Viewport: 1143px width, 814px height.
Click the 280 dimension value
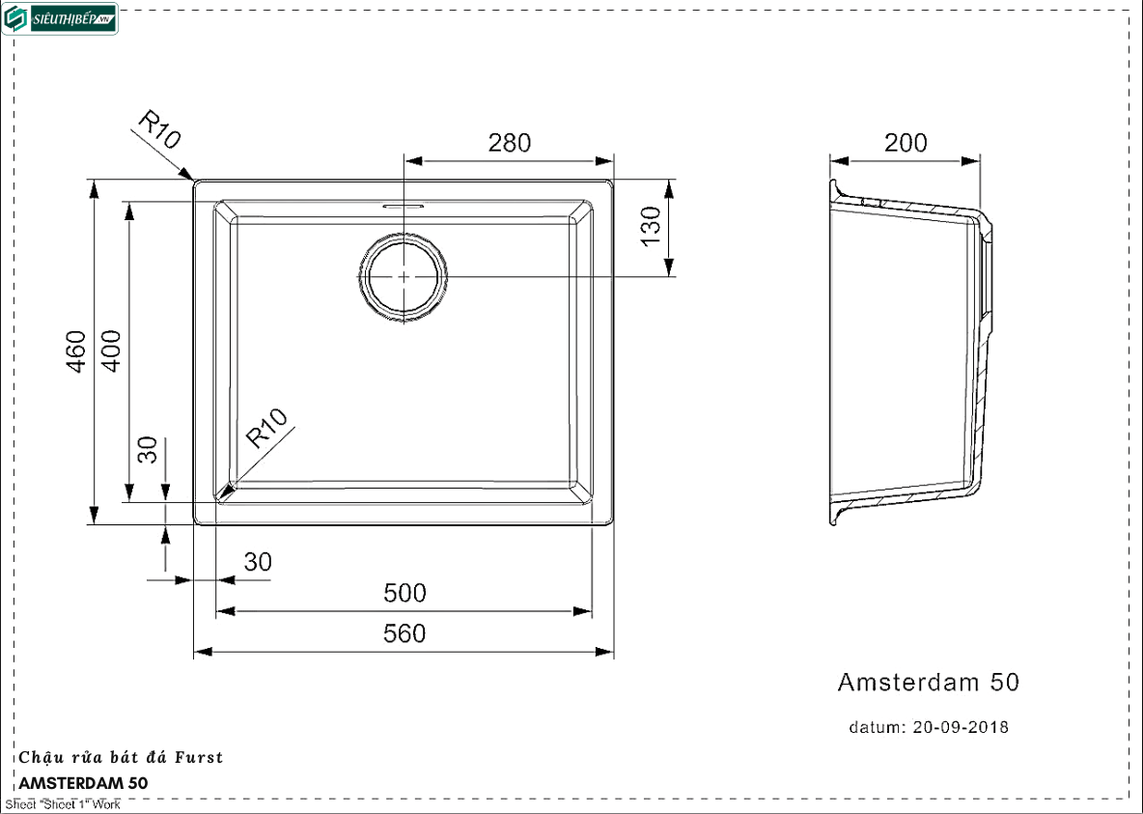[509, 143]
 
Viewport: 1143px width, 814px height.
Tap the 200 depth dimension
[906, 143]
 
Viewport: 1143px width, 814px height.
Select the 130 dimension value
[651, 227]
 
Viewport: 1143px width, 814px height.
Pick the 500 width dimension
[404, 593]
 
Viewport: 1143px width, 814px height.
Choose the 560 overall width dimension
[404, 633]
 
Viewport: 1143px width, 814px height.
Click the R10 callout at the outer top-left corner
[159, 130]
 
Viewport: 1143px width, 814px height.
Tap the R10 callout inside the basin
[267, 430]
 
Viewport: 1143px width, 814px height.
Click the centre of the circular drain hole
[404, 275]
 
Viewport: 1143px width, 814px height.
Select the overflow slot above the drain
[404, 206]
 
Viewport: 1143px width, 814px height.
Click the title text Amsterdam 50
[928, 683]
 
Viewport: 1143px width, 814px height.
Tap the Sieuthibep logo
[60, 19]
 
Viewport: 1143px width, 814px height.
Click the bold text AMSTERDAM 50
[84, 783]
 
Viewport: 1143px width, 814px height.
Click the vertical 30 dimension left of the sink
[147, 449]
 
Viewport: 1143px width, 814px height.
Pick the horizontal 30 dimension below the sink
[258, 562]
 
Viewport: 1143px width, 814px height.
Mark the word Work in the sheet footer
[106, 805]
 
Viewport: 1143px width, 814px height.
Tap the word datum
[876, 727]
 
